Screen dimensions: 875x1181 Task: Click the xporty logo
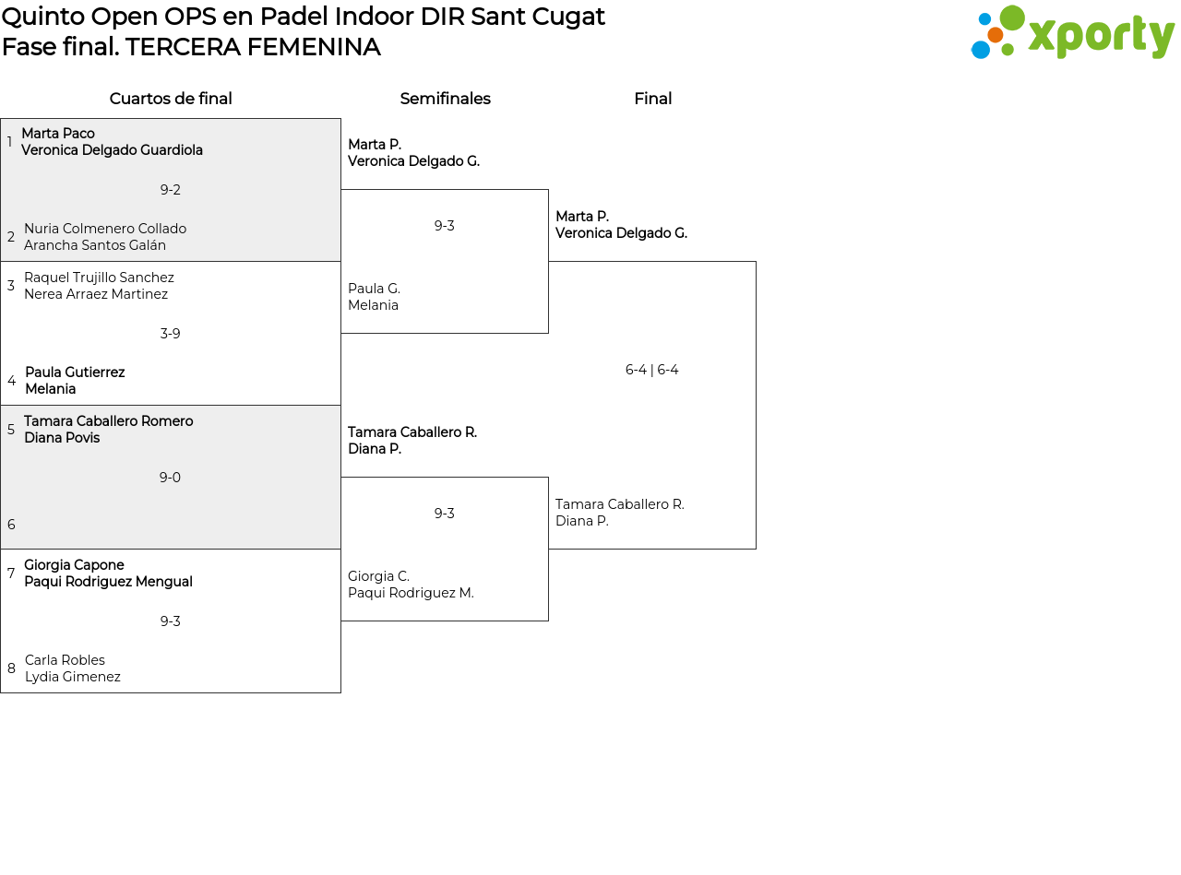point(1072,33)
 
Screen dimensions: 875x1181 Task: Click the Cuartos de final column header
point(171,99)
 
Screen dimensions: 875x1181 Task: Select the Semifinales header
point(445,99)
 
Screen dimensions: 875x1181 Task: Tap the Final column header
point(652,99)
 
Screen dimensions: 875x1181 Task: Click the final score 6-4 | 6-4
point(651,370)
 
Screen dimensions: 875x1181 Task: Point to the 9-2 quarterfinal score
point(170,190)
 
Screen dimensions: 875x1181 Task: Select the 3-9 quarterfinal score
point(170,334)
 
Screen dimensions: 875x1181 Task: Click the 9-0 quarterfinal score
point(170,478)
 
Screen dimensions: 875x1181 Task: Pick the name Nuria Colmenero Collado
point(105,229)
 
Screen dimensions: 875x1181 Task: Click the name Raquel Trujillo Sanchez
point(99,278)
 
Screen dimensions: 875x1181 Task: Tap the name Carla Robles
point(65,660)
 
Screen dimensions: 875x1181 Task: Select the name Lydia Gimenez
point(73,677)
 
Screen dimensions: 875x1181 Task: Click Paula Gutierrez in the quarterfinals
point(75,372)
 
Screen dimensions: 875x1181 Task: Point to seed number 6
point(11,525)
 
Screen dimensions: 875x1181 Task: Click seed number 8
point(11,668)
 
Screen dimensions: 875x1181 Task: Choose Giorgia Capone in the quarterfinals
point(74,565)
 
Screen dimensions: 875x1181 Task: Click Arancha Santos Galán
point(95,245)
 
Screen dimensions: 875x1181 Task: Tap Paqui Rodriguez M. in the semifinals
point(411,593)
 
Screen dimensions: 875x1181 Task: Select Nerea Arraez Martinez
point(96,294)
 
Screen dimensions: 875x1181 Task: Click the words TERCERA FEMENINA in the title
point(253,47)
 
